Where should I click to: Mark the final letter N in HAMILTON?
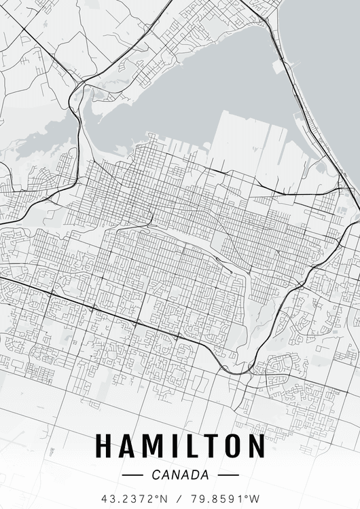[255, 446]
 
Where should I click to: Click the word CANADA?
[180, 475]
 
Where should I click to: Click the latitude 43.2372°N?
[133, 498]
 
